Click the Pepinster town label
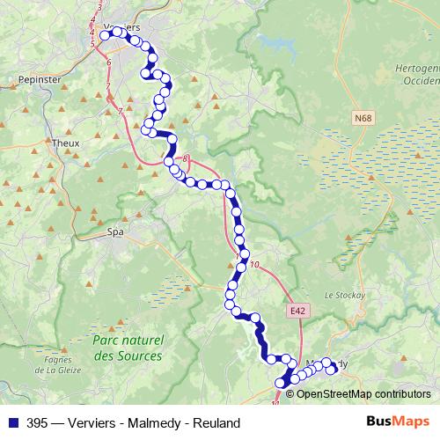[x=36, y=78]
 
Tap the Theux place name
[x=66, y=142]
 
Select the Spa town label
[x=114, y=232]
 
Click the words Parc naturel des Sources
[x=128, y=348]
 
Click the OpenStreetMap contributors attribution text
[x=363, y=393]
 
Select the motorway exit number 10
[x=254, y=265]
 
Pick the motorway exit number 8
[x=186, y=158]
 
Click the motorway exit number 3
[x=99, y=8]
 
